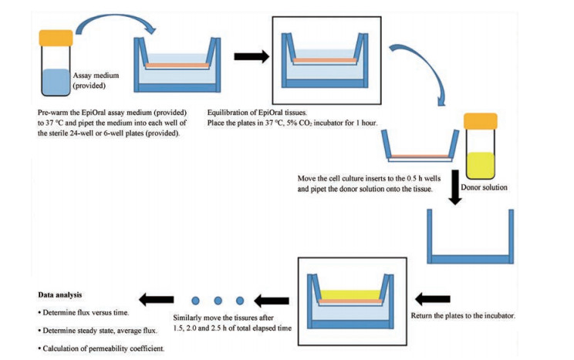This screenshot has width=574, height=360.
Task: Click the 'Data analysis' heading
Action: point(65,295)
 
